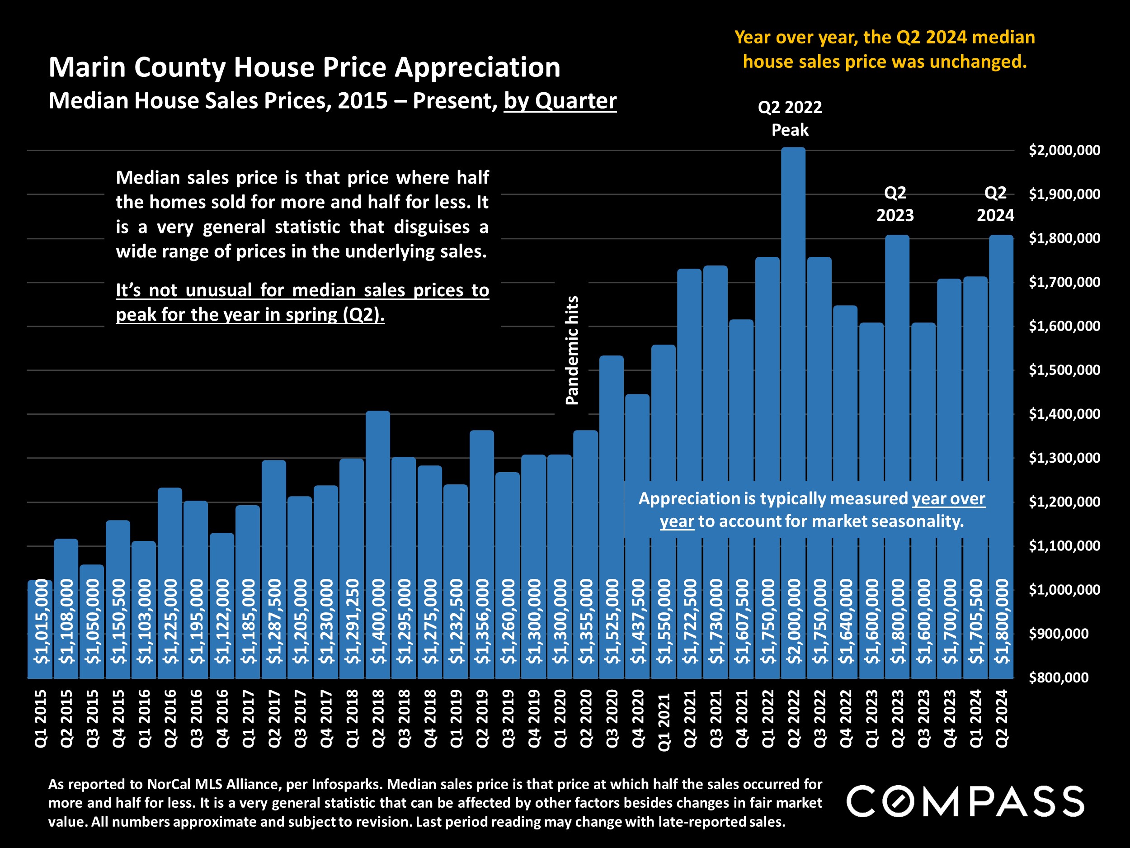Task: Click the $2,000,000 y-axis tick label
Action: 1064,150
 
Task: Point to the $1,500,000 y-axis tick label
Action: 1064,370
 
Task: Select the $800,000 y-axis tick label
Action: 1058,678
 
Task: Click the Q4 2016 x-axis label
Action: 222,718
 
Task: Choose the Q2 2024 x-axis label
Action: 1002,718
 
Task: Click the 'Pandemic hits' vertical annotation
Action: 572,351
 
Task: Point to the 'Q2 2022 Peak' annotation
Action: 790,118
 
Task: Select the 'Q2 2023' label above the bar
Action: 895,204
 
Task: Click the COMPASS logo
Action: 965,801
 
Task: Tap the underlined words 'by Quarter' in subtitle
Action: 560,101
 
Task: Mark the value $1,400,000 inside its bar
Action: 378,621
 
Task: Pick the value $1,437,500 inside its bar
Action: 637,621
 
